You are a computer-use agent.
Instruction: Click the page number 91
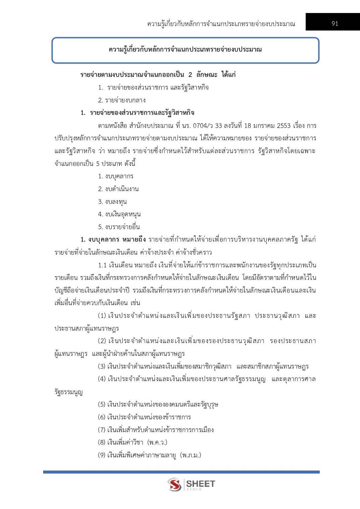(x=335, y=23)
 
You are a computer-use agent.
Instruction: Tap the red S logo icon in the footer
(x=174, y=484)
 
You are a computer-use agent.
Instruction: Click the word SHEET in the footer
(x=200, y=484)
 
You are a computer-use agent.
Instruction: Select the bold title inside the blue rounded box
(x=185, y=50)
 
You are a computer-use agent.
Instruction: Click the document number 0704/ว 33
(x=207, y=126)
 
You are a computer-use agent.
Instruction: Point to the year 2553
(x=284, y=126)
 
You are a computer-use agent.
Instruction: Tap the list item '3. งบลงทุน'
(x=112, y=202)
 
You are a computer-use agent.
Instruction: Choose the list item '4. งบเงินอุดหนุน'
(x=119, y=214)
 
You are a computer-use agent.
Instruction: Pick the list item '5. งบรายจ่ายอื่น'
(x=119, y=227)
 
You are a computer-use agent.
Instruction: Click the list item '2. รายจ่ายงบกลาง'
(x=122, y=100)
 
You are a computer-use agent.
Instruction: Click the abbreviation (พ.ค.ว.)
(x=157, y=442)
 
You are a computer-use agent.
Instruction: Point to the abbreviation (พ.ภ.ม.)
(x=191, y=455)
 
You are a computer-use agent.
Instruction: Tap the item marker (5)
(x=102, y=404)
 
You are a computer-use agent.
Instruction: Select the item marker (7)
(x=102, y=430)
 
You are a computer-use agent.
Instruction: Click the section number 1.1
(x=102, y=265)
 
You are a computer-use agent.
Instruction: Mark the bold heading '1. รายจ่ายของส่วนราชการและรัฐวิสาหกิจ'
(x=137, y=113)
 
